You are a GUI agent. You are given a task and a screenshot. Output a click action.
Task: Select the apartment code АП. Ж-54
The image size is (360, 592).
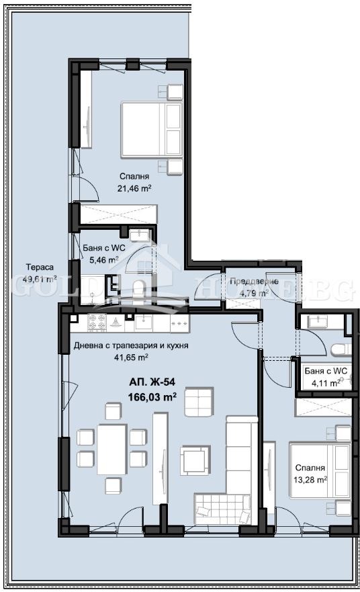click(x=152, y=382)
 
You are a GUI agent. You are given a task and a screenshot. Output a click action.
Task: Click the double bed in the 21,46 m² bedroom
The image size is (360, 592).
click(x=152, y=130)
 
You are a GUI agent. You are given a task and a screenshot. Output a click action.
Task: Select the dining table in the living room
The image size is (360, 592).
click(x=111, y=449)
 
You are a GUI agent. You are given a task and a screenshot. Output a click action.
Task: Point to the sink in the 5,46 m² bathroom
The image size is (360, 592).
click(x=140, y=235)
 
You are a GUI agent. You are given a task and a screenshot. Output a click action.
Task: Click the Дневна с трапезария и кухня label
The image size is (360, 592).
click(x=130, y=346)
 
